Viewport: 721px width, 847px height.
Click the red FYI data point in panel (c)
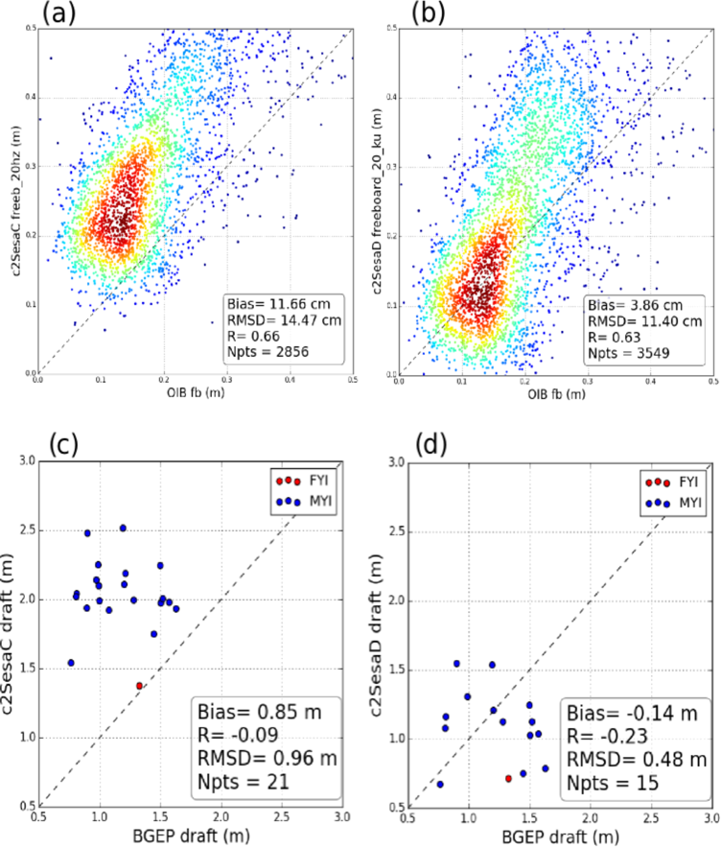coord(139,686)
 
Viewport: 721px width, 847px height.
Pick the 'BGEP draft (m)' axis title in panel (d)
coord(559,836)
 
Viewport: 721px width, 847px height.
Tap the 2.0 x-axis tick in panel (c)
coord(221,818)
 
